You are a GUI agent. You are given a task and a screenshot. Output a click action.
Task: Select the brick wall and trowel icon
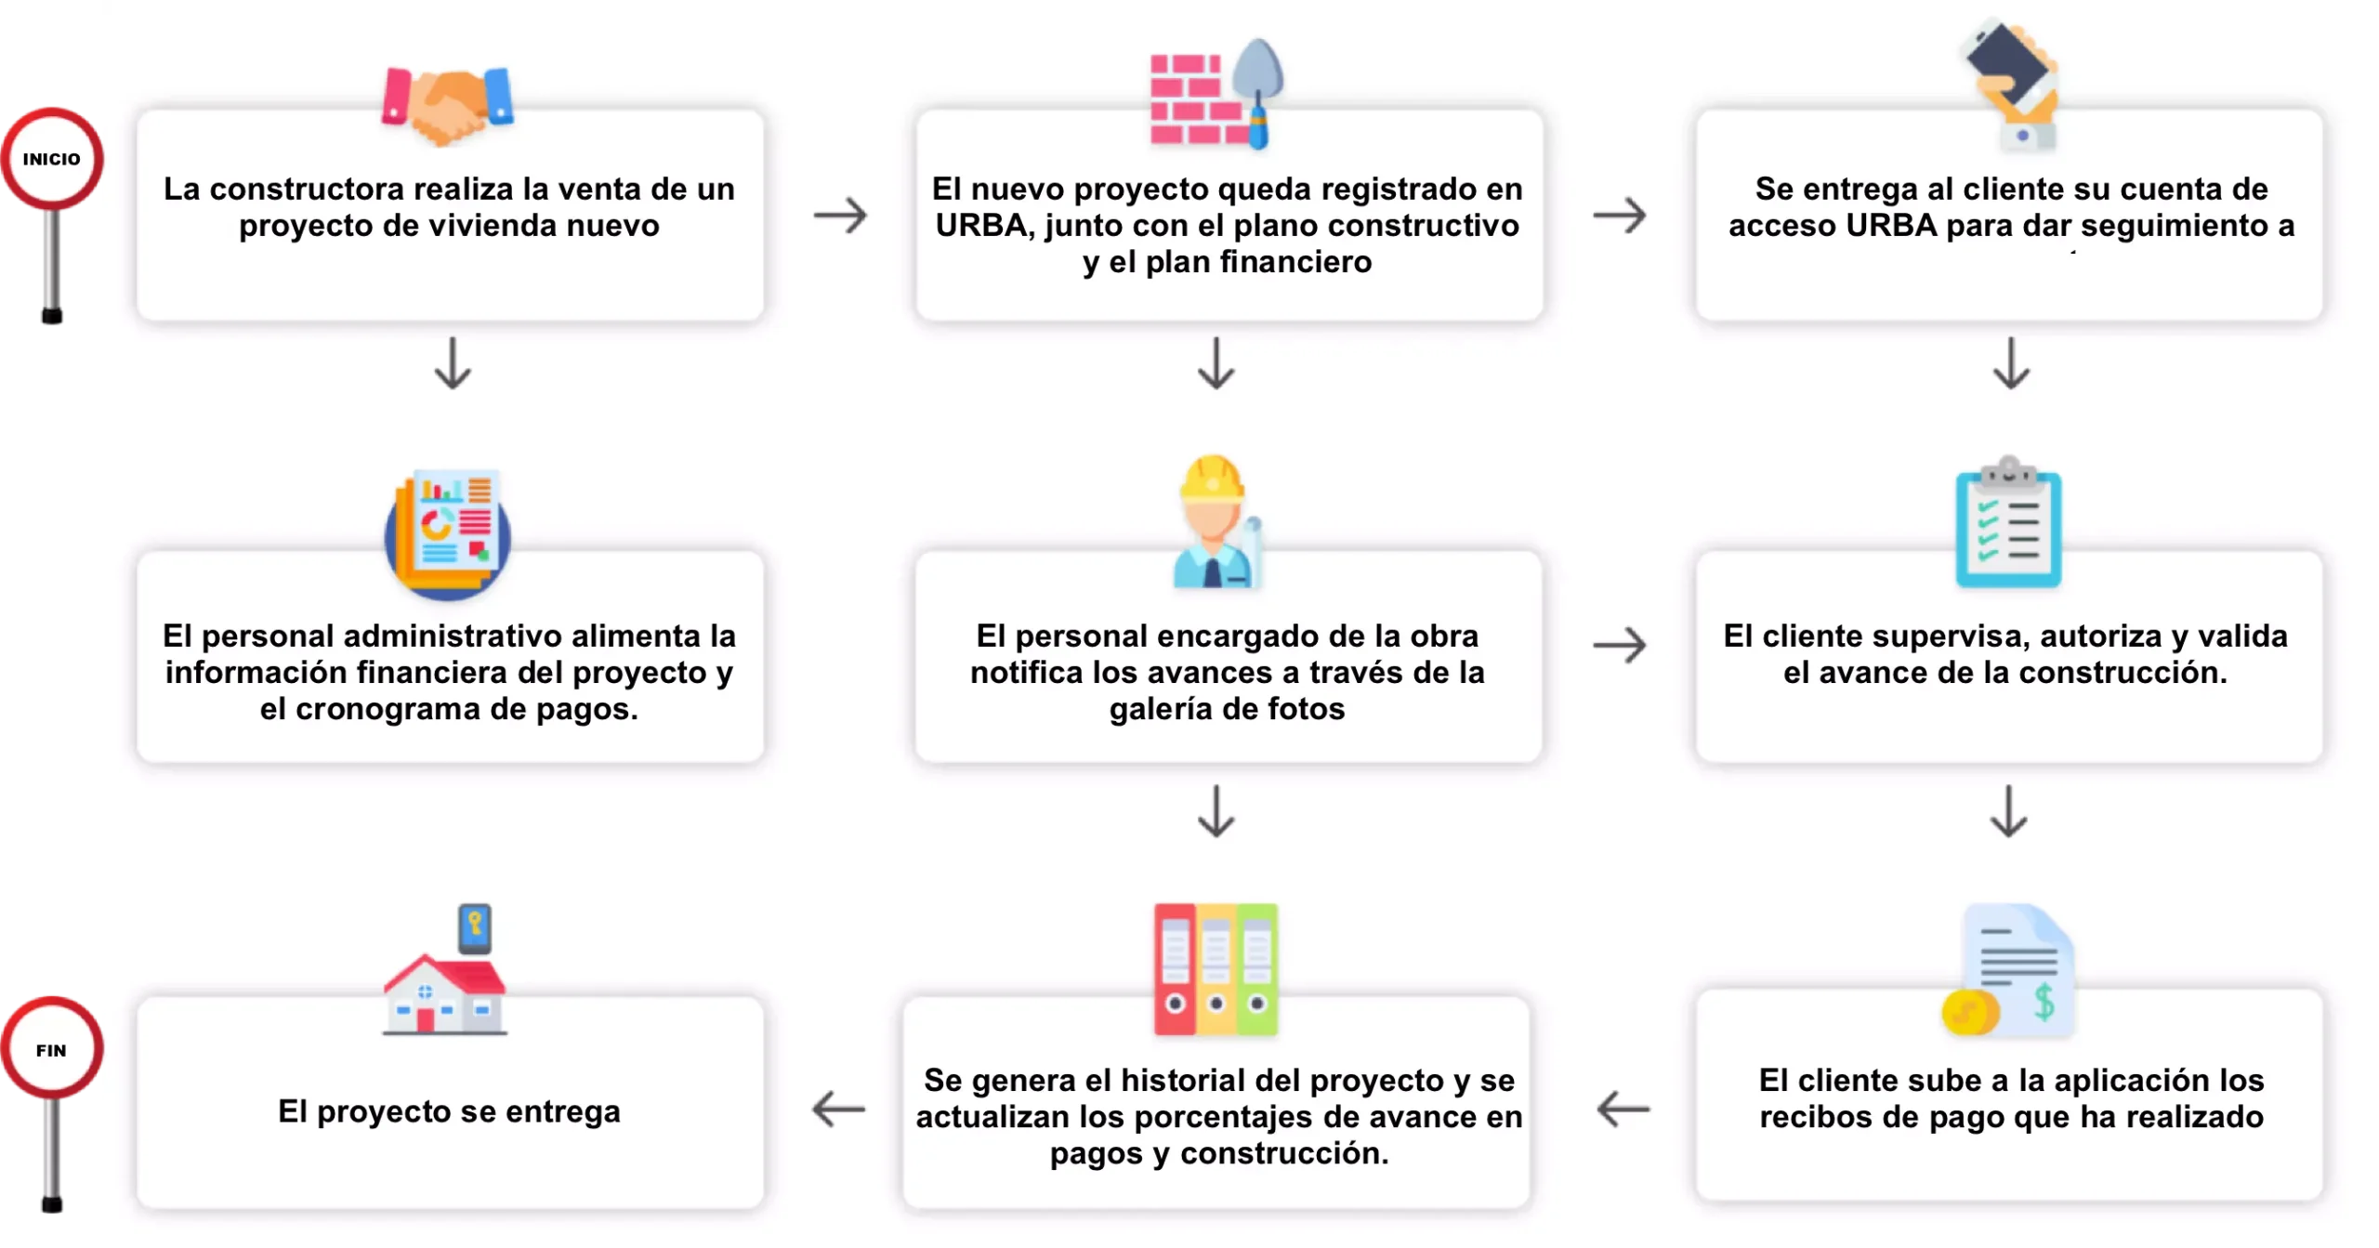tap(1216, 94)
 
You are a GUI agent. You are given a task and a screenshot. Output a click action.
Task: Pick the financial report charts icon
tap(448, 532)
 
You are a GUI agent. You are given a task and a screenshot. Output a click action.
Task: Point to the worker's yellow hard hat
tap(1211, 479)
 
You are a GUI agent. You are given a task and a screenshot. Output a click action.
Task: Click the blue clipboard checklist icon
tap(2008, 522)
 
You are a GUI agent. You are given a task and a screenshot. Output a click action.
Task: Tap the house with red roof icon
tap(444, 994)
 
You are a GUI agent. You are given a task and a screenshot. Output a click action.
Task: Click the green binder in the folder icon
tap(1257, 969)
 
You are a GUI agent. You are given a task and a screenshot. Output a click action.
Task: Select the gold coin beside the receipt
tap(1970, 1012)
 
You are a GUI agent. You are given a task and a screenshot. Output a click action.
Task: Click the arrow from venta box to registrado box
tap(840, 216)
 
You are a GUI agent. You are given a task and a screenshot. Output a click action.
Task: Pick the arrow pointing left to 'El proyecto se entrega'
tap(838, 1110)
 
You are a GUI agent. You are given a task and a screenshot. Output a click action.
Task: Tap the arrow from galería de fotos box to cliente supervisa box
tap(1620, 645)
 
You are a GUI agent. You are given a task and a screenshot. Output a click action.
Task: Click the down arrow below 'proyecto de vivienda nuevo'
tap(453, 363)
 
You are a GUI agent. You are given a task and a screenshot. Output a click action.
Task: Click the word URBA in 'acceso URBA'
tap(1891, 226)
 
